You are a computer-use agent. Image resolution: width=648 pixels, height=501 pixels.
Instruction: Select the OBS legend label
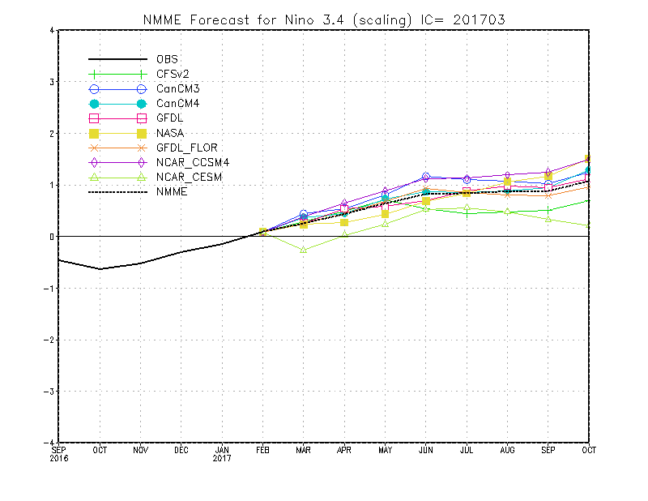pyautogui.click(x=167, y=59)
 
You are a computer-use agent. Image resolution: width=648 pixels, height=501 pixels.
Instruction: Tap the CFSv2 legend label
pyautogui.click(x=173, y=75)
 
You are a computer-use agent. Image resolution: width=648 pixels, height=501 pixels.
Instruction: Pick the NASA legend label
pyautogui.click(x=169, y=133)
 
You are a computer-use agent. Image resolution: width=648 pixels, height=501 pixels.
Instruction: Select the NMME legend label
pyautogui.click(x=171, y=192)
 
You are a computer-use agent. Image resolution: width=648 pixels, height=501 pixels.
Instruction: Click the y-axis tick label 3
pyautogui.click(x=51, y=82)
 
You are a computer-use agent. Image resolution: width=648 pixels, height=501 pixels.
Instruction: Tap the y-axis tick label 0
pyautogui.click(x=51, y=237)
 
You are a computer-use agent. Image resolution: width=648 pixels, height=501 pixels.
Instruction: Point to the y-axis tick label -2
pyautogui.click(x=49, y=340)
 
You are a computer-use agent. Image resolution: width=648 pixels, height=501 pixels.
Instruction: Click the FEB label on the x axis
pyautogui.click(x=263, y=449)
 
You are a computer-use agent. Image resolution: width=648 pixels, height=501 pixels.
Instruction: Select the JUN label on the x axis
pyautogui.click(x=426, y=449)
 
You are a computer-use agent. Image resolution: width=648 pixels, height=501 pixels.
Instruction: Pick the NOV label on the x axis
pyautogui.click(x=140, y=449)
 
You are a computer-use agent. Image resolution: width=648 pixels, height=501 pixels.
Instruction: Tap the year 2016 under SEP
pyautogui.click(x=59, y=458)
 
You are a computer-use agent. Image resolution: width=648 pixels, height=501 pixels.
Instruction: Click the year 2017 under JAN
pyautogui.click(x=222, y=458)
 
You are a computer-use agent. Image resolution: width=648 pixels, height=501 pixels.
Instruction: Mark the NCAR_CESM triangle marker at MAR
pyautogui.click(x=304, y=250)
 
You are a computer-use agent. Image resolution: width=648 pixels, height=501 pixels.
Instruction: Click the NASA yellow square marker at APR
pyautogui.click(x=344, y=222)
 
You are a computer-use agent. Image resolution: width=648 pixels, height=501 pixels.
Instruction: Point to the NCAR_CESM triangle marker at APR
pyautogui.click(x=344, y=234)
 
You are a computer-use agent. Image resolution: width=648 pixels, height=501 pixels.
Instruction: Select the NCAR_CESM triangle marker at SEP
pyautogui.click(x=548, y=219)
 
